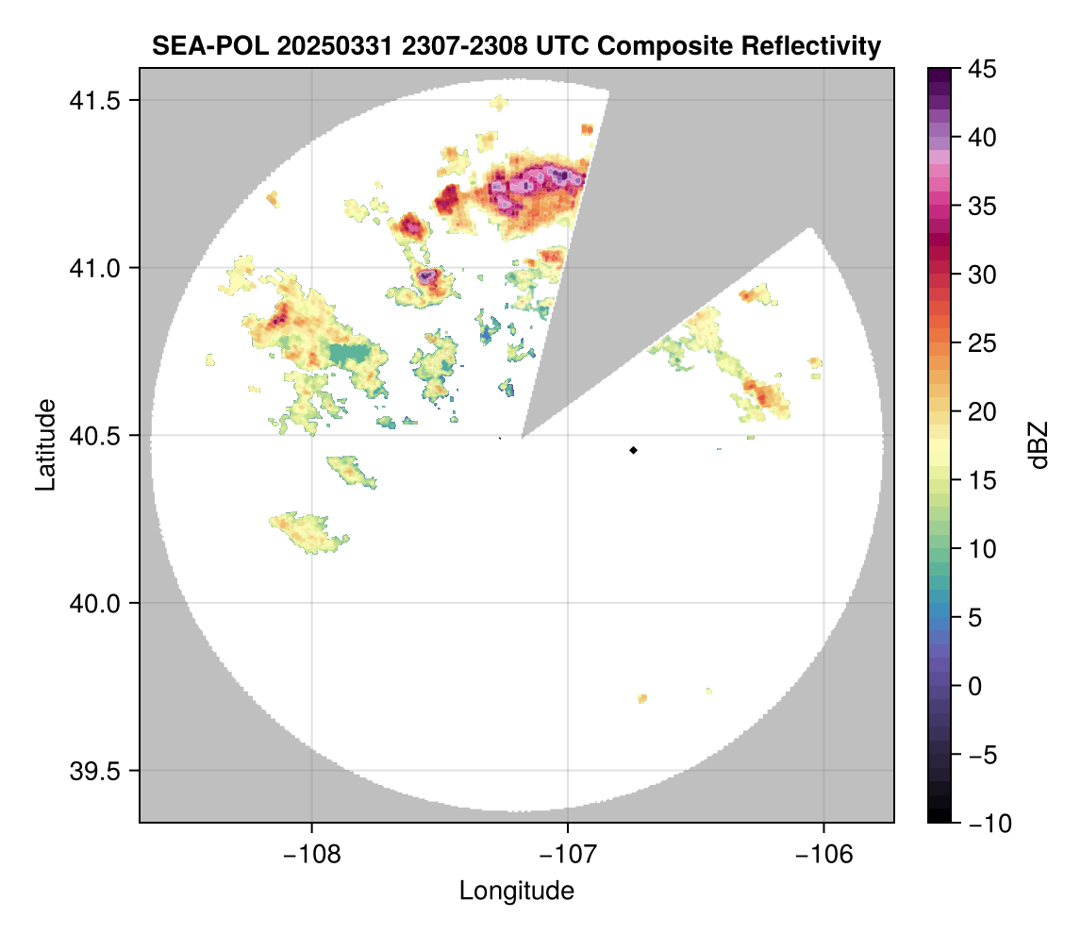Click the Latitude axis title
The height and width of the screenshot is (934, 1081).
coord(44,444)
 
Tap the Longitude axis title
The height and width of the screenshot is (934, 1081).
coord(516,891)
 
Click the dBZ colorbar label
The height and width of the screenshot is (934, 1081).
coord(1039,445)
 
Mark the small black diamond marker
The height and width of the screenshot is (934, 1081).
coord(634,450)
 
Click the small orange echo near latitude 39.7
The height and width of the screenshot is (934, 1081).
coord(642,699)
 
